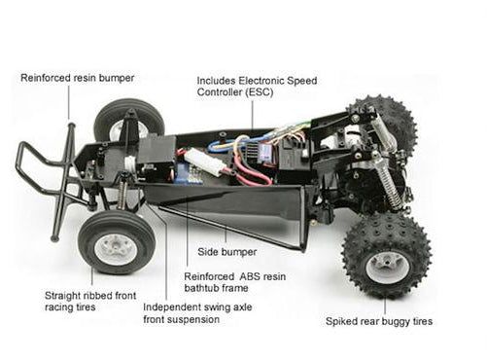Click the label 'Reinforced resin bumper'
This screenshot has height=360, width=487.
pyautogui.click(x=77, y=78)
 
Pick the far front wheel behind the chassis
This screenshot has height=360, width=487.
pyautogui.click(x=122, y=118)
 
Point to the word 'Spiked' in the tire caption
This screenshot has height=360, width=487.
pyautogui.click(x=346, y=320)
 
